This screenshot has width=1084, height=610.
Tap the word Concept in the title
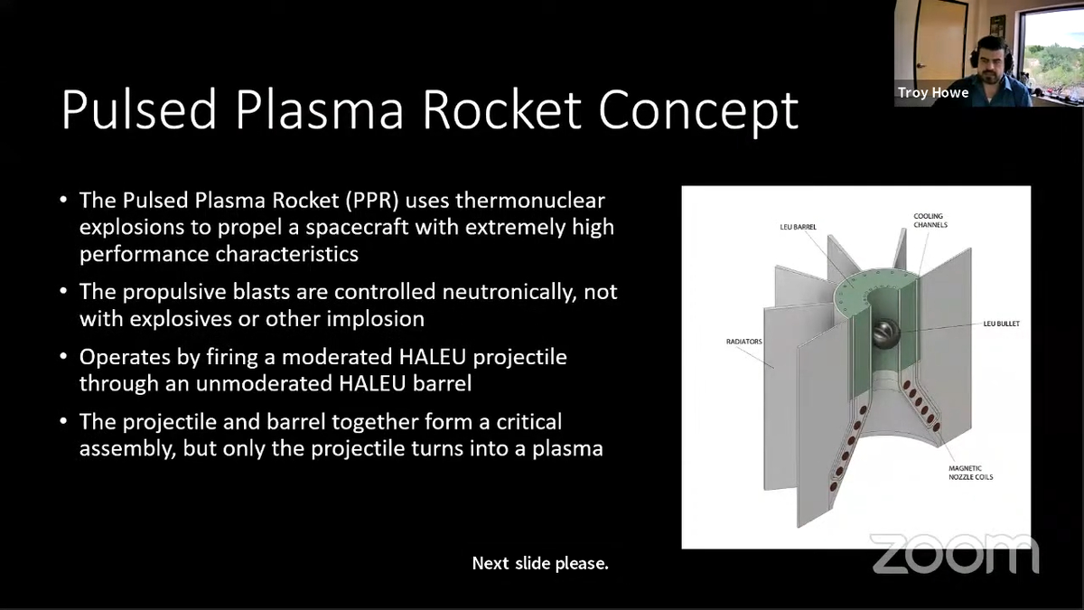698,111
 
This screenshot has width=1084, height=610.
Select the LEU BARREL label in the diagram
798,227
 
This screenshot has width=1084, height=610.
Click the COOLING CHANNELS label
930,221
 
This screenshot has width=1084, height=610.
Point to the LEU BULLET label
1001,324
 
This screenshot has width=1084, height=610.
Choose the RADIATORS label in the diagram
743,342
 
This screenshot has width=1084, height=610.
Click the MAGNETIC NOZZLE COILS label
970,473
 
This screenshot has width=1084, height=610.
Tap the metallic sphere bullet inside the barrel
885,333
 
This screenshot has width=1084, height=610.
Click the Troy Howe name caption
933,92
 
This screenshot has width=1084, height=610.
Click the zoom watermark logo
956,553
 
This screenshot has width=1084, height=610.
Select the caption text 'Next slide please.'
540,563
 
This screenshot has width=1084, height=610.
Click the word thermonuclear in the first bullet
530,200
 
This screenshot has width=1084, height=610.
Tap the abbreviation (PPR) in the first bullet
371,201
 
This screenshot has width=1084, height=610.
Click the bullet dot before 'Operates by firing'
63,357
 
